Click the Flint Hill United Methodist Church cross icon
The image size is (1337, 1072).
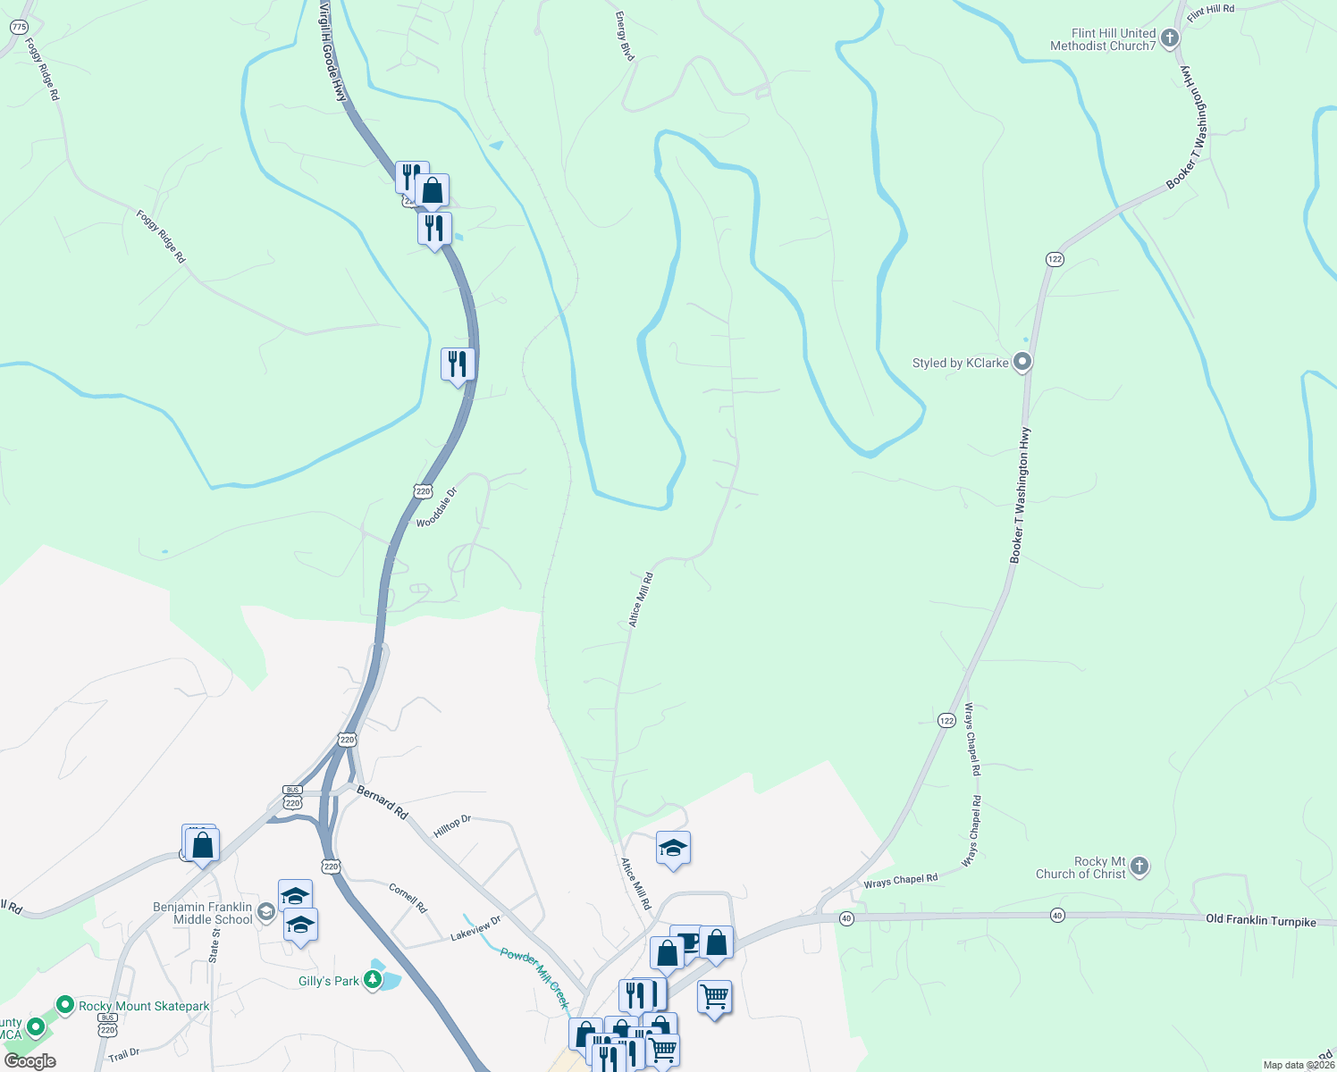(x=1169, y=39)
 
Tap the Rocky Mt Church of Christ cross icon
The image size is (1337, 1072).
(x=1139, y=866)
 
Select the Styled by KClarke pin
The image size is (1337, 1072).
(x=1023, y=363)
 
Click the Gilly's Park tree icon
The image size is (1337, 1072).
(x=373, y=981)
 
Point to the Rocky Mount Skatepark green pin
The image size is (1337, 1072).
(x=65, y=1006)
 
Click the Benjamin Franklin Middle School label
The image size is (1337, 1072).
(x=203, y=913)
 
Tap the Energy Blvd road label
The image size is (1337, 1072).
(x=625, y=37)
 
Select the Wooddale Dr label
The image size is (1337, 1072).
(x=437, y=507)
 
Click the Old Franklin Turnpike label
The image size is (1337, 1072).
(x=1260, y=919)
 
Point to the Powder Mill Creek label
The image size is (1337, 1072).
(x=534, y=978)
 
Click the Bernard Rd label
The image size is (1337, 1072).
(x=383, y=801)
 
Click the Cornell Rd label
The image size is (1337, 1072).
(x=408, y=898)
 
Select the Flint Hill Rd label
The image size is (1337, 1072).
(x=1210, y=13)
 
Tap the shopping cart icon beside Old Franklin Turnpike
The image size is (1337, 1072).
(x=714, y=996)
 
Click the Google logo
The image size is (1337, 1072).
(x=30, y=1061)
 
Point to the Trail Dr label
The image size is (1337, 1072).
(x=124, y=1054)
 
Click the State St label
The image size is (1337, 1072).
(x=214, y=945)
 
